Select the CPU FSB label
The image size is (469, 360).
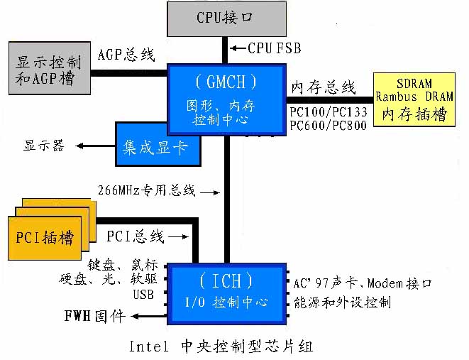coord(274,49)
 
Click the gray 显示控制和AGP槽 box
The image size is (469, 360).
coord(48,68)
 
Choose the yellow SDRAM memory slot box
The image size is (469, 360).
coord(414,99)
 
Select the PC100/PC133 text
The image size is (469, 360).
coord(328,112)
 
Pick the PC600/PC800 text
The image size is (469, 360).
coord(328,126)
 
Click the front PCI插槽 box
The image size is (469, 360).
coord(44,235)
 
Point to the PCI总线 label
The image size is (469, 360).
coord(136,236)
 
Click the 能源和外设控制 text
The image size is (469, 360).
coord(342,302)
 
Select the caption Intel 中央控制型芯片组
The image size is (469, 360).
coord(221,347)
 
